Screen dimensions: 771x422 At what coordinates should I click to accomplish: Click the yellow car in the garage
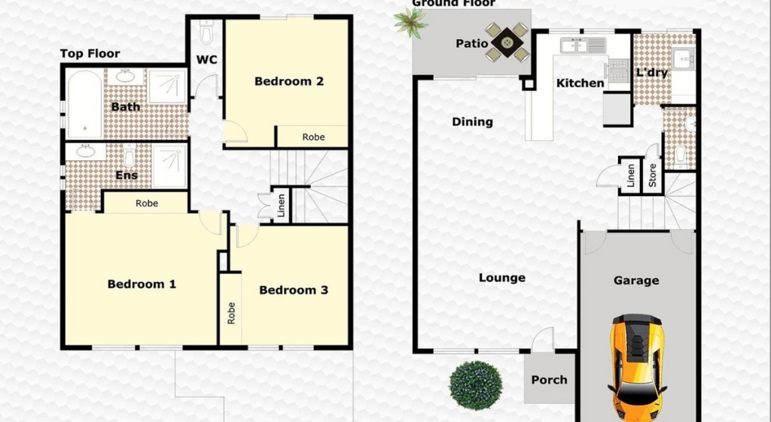coord(637,366)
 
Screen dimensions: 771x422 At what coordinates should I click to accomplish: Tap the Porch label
coord(549,380)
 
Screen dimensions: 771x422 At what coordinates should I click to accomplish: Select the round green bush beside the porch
coord(476,386)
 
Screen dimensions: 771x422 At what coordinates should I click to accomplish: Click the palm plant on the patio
coord(410,22)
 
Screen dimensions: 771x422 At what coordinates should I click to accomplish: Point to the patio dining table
coord(507,42)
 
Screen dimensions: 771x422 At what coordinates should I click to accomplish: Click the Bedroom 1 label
coord(142,284)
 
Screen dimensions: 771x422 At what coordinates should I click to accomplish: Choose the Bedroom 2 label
coord(289,81)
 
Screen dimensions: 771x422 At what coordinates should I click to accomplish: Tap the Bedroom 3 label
coord(294,290)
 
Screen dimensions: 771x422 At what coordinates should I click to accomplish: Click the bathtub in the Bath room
coord(84,104)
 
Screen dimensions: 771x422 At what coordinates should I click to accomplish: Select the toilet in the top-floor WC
coord(206,32)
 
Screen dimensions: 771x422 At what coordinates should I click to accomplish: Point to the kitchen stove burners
coord(619,69)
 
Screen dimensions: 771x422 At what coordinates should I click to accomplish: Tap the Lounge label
coord(502,278)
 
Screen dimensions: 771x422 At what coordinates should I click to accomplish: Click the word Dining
coord(472,122)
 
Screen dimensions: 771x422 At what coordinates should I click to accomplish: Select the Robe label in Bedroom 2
coord(313,137)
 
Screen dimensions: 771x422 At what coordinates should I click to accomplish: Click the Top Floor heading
coord(90,53)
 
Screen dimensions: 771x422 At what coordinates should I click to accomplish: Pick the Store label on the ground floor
coord(653,175)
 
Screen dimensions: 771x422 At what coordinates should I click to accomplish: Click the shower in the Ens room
coord(169,165)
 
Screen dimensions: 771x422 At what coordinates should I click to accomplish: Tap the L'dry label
coord(652,73)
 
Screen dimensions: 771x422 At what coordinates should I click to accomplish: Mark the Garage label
coord(635,281)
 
